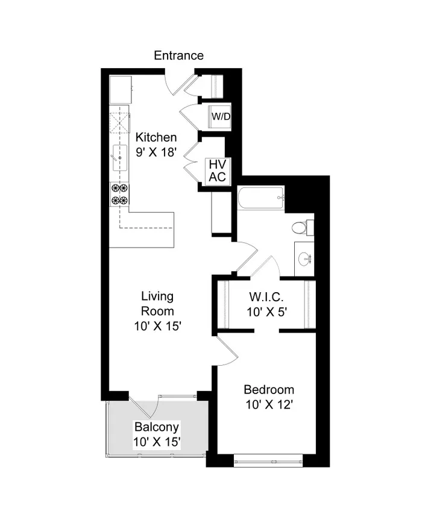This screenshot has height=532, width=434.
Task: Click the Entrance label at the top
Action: point(178,55)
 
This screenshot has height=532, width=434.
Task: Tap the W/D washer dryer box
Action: point(219,116)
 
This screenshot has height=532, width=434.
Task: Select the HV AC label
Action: point(216,170)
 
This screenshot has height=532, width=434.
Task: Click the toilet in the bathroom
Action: point(300,228)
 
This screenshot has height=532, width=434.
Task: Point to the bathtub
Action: point(260,198)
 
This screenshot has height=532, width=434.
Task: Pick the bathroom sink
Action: point(304,259)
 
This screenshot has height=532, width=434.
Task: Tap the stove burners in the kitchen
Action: point(119,194)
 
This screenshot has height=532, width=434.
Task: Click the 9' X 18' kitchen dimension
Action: point(156,152)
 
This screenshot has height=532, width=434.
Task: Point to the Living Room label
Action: point(157,304)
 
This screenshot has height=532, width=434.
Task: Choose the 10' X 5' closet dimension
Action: point(266,313)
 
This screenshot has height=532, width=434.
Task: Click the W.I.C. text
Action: point(266,297)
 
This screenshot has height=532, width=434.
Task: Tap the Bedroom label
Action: point(269,389)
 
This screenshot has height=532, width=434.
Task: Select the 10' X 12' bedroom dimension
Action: point(269,405)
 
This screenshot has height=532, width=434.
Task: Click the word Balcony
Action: point(156,427)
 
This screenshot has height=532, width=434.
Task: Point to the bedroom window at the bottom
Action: point(268,462)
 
